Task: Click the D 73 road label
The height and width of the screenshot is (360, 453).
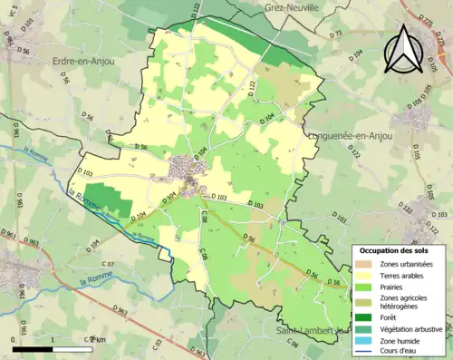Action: pyautogui.click(x=336, y=34)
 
